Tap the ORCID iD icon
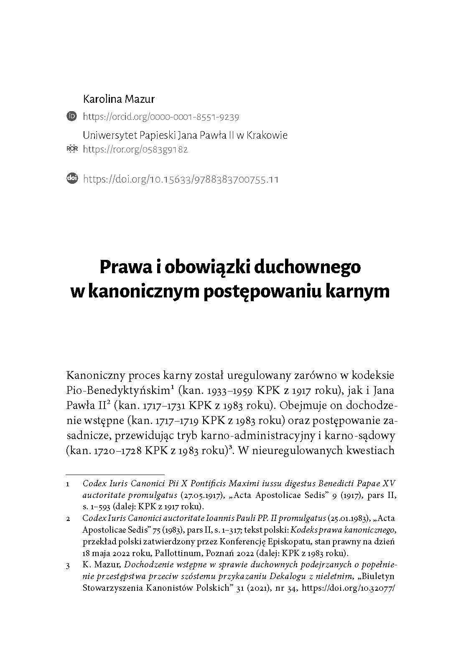pyautogui.click(x=72, y=117)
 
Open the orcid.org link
pyautogui.click(x=161, y=117)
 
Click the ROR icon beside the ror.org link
pyautogui.click(x=72, y=149)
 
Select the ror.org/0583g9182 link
pyautogui.click(x=135, y=149)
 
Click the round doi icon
pyautogui.click(x=72, y=179)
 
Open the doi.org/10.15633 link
pyautogui.click(x=181, y=179)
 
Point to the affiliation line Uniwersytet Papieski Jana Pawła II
pyautogui.click(x=185, y=135)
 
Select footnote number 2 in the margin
pyautogui.click(x=68, y=518)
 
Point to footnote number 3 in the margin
pyautogui.click(x=68, y=566)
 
